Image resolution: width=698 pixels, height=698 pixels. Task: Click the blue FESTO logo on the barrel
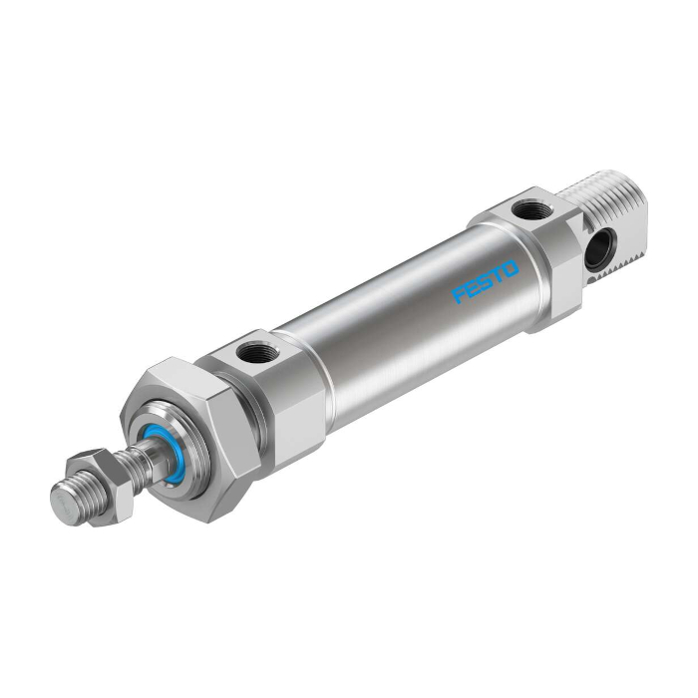(486, 281)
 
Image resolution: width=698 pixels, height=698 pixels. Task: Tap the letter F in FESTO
(460, 295)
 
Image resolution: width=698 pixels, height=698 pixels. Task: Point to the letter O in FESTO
(512, 267)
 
